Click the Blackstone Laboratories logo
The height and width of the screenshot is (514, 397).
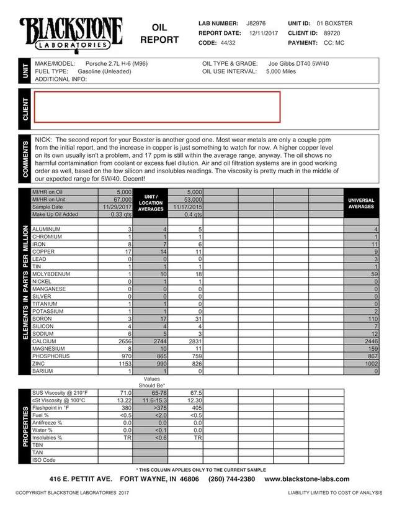[71, 34]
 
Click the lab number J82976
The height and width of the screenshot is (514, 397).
[256, 23]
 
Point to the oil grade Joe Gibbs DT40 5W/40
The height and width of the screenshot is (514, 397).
[301, 63]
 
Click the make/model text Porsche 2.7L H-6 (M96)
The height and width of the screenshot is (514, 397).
[119, 63]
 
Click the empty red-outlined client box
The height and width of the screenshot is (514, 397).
[157, 107]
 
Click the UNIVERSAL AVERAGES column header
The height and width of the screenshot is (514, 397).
[361, 204]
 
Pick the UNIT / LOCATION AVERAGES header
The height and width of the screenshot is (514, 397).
[151, 203]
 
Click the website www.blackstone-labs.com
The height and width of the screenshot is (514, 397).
[307, 479]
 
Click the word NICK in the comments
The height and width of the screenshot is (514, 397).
[43, 140]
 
